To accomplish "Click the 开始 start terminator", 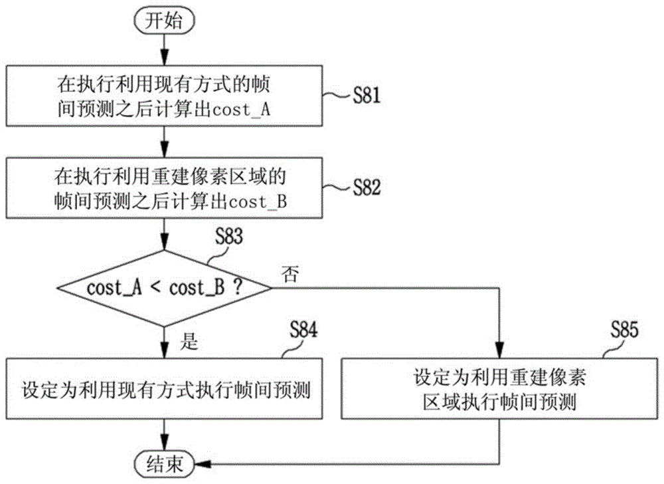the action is click(x=164, y=21).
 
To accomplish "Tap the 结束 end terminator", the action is click(x=164, y=465).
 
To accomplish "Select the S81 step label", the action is click(x=367, y=95).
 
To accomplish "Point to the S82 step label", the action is click(x=367, y=187).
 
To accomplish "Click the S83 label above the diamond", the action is click(x=228, y=237).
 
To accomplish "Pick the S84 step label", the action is click(x=303, y=329).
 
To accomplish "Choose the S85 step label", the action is click(x=624, y=329).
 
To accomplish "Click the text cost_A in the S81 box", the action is click(x=242, y=110).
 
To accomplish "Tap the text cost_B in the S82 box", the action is click(x=258, y=202).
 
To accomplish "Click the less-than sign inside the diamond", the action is click(x=155, y=288).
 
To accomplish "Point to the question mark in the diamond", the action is click(x=238, y=288).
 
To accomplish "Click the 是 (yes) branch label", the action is click(x=189, y=340).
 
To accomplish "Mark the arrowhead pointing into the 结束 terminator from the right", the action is click(x=203, y=465).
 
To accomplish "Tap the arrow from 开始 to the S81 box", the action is click(x=164, y=49).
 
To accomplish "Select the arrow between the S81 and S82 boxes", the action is click(x=164, y=142).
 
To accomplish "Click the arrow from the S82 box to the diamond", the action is click(x=164, y=235).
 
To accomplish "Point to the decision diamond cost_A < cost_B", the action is click(x=164, y=288).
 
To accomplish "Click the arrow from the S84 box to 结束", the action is click(x=164, y=435).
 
